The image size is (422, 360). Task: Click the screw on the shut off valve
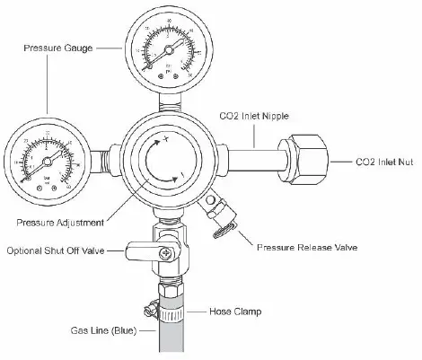(166, 255)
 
